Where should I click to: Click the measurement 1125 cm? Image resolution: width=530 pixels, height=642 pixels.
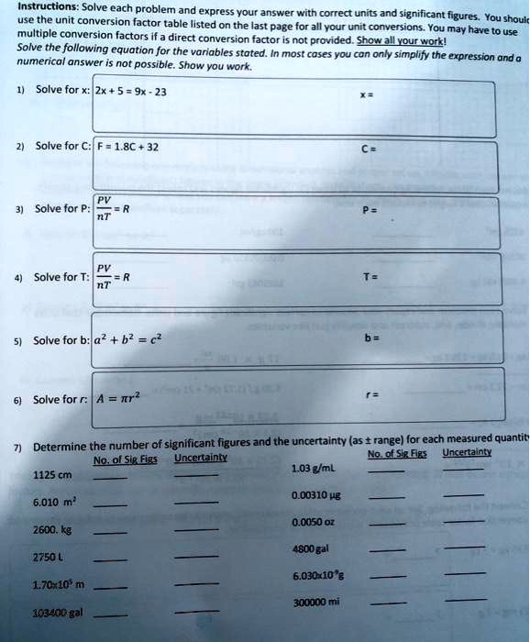(x=52, y=474)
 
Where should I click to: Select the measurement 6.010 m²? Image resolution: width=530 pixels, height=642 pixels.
(x=54, y=503)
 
